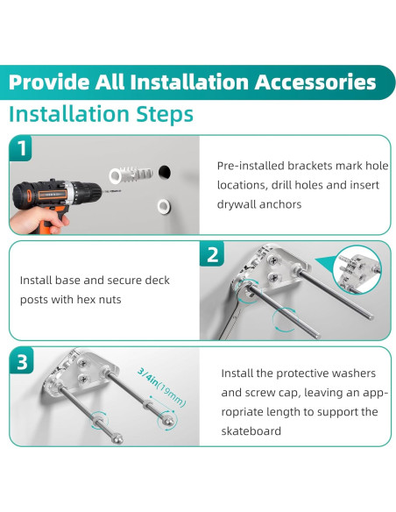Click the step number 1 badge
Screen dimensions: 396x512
[x=20, y=148]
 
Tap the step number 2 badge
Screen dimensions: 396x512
[x=212, y=253]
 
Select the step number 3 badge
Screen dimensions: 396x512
[x=22, y=361]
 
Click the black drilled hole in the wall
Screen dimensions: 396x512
[x=165, y=172]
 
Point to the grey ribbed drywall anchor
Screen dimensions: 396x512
[x=131, y=175]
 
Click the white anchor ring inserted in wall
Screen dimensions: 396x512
[x=164, y=206]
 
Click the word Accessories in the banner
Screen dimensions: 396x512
[x=315, y=82]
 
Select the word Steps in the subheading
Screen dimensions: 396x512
[x=165, y=115]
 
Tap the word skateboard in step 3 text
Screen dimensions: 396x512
[x=251, y=431]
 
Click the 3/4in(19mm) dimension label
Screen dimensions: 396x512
[x=161, y=388]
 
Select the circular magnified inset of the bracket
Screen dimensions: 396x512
[x=357, y=269]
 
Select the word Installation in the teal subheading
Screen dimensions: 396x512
[x=69, y=114]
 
